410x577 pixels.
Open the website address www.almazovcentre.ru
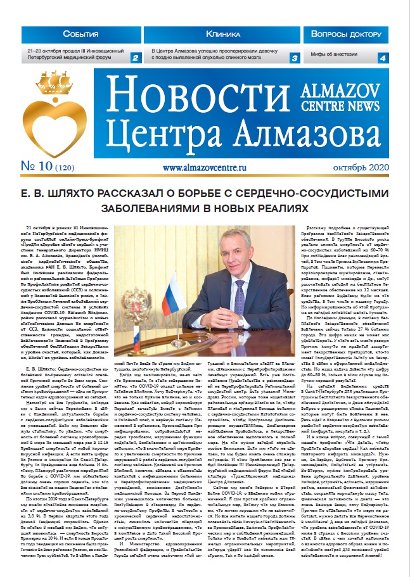click(204, 169)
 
